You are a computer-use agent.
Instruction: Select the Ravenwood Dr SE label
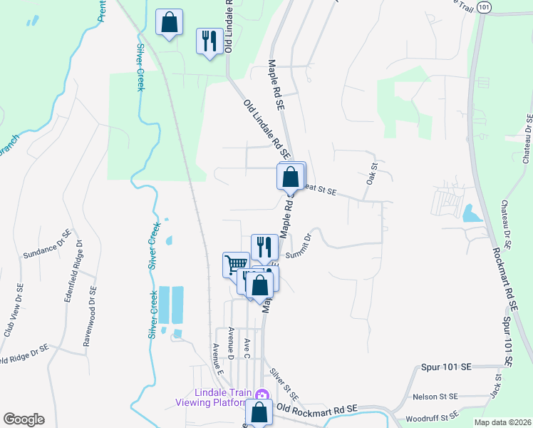pyautogui.click(x=92, y=316)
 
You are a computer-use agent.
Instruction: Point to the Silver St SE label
pyautogui.click(x=284, y=384)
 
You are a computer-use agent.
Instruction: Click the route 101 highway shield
pyautogui.click(x=484, y=7)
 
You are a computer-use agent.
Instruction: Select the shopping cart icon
pyautogui.click(x=236, y=265)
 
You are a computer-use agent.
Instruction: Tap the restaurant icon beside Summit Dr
pyautogui.click(x=264, y=247)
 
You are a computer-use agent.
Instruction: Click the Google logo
pyautogui.click(x=24, y=419)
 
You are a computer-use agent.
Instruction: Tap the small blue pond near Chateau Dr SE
pyautogui.click(x=469, y=213)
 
